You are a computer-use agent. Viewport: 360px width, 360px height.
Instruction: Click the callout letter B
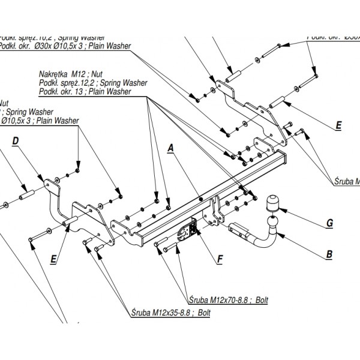point(329,254)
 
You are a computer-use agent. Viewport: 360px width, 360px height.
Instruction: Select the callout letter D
point(16,140)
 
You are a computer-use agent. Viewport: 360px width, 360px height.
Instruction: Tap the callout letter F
point(220,259)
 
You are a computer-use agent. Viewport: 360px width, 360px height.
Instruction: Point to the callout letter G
point(329,224)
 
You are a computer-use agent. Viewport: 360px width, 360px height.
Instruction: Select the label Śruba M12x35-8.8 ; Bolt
point(170,313)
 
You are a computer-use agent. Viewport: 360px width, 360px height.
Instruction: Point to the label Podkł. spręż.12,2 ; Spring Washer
point(93,82)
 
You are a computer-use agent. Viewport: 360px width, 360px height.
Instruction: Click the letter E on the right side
point(338,125)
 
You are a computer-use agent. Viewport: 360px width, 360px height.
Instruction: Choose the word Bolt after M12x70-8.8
point(261,300)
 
